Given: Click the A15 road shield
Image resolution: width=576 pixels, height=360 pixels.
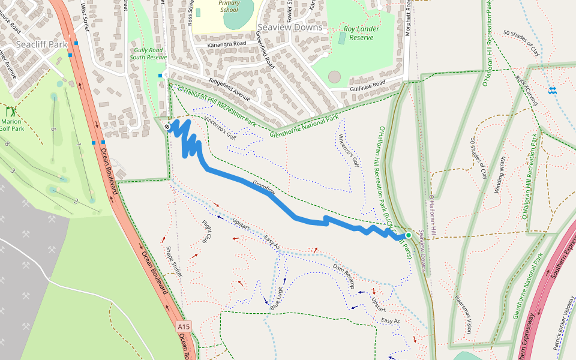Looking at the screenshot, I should (184, 327).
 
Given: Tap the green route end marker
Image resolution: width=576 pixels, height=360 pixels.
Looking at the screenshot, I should (409, 235).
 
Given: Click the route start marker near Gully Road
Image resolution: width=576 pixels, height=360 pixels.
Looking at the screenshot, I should (167, 127).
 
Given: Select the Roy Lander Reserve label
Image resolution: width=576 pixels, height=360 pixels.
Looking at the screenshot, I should (358, 33).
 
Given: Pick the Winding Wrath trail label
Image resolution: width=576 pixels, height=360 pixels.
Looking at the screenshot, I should (500, 175).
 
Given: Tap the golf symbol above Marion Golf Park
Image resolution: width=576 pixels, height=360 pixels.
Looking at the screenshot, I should (11, 112).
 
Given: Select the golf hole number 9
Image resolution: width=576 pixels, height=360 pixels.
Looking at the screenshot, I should (53, 130).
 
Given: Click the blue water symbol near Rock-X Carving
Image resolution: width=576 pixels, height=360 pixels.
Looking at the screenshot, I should (552, 91).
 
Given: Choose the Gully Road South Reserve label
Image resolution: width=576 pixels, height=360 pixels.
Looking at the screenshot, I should (148, 54).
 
